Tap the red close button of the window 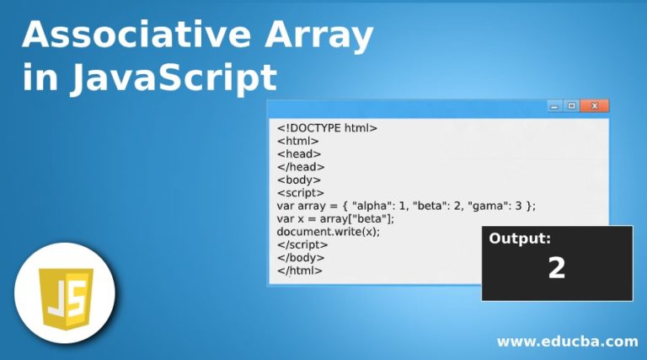click(x=595, y=106)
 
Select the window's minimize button click(x=554, y=106)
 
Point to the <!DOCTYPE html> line click(x=327, y=128)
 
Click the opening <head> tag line click(x=299, y=154)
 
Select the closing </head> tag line click(x=301, y=167)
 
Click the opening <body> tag click(x=299, y=180)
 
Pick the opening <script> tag click(x=302, y=192)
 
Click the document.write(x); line click(x=329, y=232)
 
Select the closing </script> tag click(x=303, y=244)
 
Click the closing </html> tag click(x=300, y=271)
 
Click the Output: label click(x=520, y=239)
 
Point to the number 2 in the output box click(x=556, y=268)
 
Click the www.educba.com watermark click(x=567, y=341)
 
